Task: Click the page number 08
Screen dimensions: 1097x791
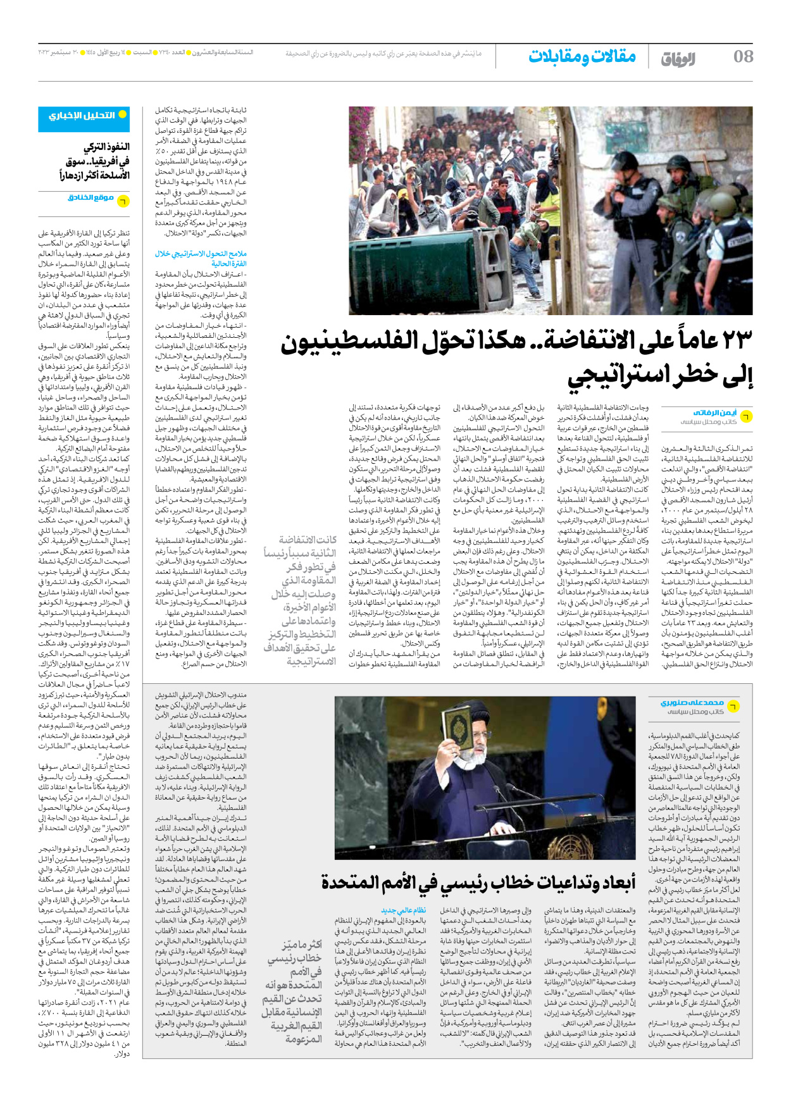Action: (743, 56)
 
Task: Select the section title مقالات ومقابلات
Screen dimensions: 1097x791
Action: (582, 56)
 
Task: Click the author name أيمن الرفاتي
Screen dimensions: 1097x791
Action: (714, 412)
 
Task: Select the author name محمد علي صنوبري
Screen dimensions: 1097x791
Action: (692, 702)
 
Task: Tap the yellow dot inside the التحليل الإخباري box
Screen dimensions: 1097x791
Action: (123, 115)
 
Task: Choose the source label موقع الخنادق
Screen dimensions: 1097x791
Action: (90, 198)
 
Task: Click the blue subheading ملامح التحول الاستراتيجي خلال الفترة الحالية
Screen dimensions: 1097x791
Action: (201, 258)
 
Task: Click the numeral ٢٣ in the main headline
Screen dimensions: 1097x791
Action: (730, 342)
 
